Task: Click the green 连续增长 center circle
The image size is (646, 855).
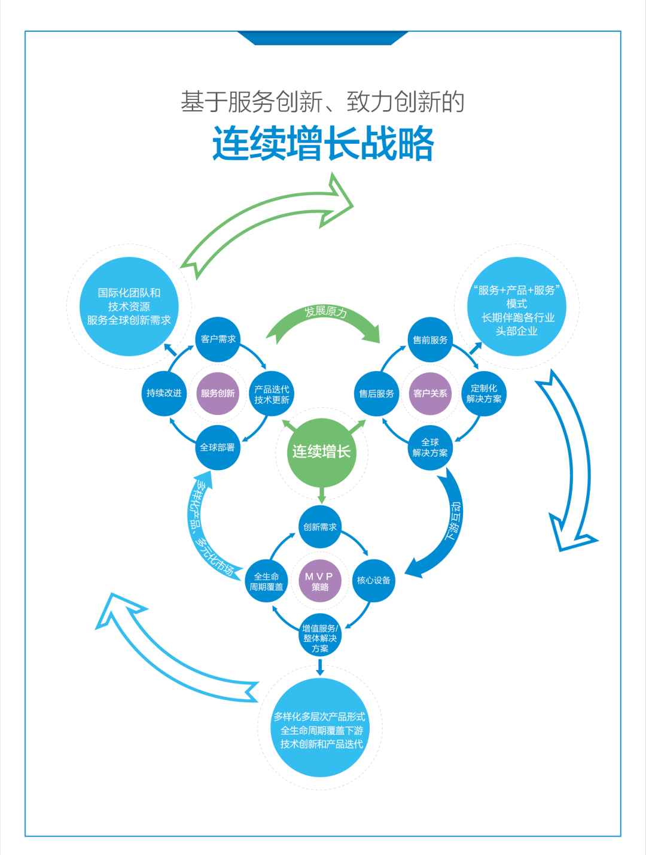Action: tap(322, 452)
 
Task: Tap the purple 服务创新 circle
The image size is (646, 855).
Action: tap(218, 393)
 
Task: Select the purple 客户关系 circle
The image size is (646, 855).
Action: tap(430, 393)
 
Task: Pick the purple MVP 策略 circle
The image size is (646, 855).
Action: tap(320, 581)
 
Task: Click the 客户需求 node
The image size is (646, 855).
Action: tap(218, 339)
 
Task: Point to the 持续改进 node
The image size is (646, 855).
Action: tap(164, 393)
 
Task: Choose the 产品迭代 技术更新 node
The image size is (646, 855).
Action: tap(272, 394)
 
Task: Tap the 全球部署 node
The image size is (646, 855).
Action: tap(218, 447)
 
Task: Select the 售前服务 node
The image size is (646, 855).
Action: tap(430, 340)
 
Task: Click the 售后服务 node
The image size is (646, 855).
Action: tap(376, 393)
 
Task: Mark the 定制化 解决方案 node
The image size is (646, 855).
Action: tap(484, 393)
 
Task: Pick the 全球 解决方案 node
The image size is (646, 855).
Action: tap(430, 447)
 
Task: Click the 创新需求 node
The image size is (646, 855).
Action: tap(320, 527)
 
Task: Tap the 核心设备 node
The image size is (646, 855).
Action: tap(374, 580)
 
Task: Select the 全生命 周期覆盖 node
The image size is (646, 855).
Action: tap(266, 581)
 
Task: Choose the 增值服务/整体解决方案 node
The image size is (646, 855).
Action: tap(320, 636)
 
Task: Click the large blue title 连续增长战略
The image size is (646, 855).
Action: tap(323, 144)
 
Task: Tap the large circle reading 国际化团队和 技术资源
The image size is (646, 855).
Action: tap(129, 307)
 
